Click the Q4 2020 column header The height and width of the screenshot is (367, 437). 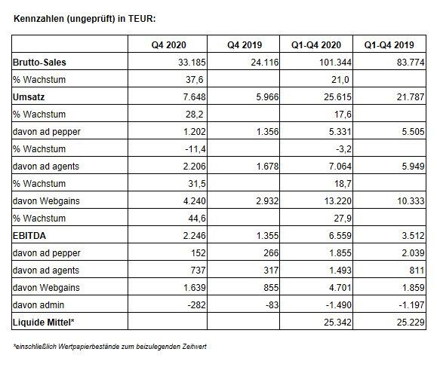coord(168,44)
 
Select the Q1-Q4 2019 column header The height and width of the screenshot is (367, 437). coord(389,44)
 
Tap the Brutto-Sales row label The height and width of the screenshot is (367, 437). coord(39,62)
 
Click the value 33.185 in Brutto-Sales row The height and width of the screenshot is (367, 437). coord(192,62)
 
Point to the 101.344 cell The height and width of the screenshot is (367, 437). coord(335,62)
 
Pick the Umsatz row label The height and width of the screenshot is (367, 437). coord(29,96)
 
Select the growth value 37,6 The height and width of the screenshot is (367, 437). coord(195,80)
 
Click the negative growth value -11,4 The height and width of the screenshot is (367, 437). coord(195,149)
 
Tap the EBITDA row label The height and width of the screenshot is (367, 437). coord(29,236)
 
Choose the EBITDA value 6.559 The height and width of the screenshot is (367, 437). coord(340,236)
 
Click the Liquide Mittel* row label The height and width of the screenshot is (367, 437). coord(44,323)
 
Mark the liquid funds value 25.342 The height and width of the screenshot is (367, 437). coord(338,323)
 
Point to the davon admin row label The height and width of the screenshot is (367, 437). coord(38,305)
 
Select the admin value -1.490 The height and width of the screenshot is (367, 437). coord(339,305)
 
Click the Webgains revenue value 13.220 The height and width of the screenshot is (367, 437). coord(338,201)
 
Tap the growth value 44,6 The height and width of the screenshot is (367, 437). coord(197,219)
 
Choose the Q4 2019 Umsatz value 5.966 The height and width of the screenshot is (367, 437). coord(267,96)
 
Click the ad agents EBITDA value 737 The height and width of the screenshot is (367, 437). coord(198,271)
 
